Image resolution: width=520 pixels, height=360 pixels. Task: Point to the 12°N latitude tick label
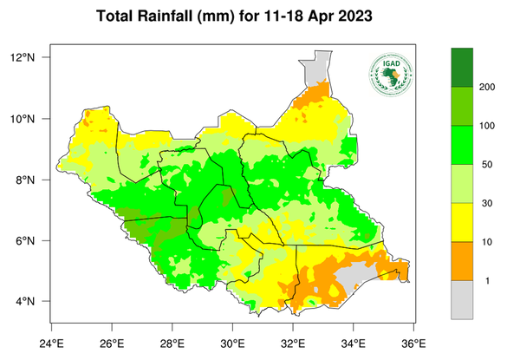pyautogui.click(x=33, y=57)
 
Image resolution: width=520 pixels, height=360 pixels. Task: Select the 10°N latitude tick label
pyautogui.click(x=33, y=119)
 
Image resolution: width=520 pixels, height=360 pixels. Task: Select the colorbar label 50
pyautogui.click(x=487, y=165)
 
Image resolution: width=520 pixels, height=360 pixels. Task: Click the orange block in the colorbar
pyautogui.click(x=462, y=261)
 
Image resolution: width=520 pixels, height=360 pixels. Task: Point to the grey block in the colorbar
pyautogui.click(x=462, y=300)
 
